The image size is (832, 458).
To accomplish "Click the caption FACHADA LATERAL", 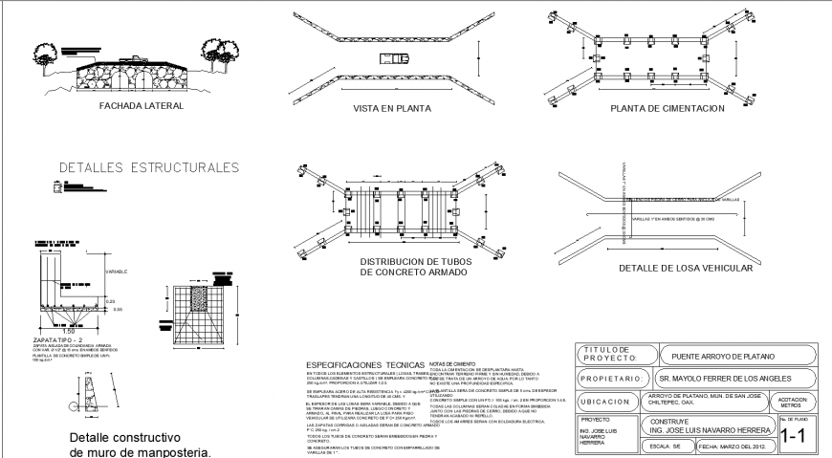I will click(x=141, y=106).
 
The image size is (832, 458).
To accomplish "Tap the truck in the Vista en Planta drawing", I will click(x=392, y=57).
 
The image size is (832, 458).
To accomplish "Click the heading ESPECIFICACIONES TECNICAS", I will click(x=363, y=365).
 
